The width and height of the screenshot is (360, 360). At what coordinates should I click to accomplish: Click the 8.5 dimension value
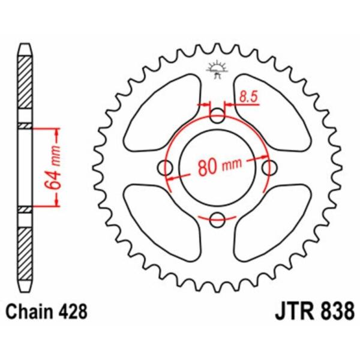pyautogui.click(x=248, y=97)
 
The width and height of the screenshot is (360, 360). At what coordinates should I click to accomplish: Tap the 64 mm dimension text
pyautogui.click(x=53, y=167)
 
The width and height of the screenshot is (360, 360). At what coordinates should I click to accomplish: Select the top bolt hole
pyautogui.click(x=217, y=115)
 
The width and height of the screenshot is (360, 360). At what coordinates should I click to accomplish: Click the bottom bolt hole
pyautogui.click(x=217, y=220)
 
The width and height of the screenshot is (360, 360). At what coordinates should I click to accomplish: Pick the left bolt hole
pyautogui.click(x=165, y=168)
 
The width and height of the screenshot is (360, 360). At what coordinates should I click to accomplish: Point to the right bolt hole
pyautogui.click(x=269, y=168)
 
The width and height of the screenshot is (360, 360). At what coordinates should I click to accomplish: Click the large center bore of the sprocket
pyautogui.click(x=217, y=168)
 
